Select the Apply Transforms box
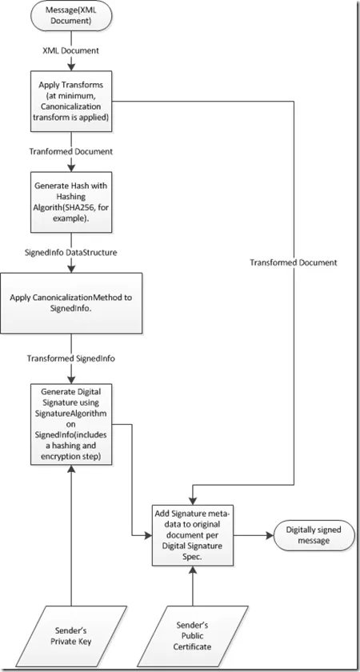pos(71,101)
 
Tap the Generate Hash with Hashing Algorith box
pos(71,202)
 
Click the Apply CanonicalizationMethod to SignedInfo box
pos(71,303)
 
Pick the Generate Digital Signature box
pos(71,424)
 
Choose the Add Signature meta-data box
pos(193,535)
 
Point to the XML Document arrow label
pos(71,50)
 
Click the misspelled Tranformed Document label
pos(71,151)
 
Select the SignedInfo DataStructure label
pos(71,253)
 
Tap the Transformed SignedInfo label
pos(71,358)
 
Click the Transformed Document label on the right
pos(294,262)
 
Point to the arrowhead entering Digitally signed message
pos(270,535)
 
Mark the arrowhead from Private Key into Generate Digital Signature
pos(71,469)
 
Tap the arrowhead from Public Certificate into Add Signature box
pos(193,570)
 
